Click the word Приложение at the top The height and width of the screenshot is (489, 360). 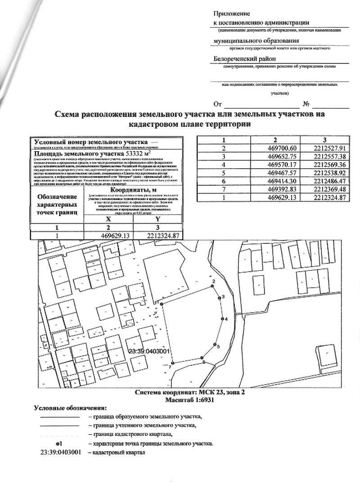tap(231, 14)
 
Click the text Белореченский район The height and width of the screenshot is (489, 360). tap(244, 58)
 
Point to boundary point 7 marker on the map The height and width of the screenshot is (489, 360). tap(173, 363)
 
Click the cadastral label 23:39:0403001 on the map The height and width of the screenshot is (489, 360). tap(148, 351)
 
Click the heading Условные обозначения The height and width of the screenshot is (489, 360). tap(71, 408)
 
